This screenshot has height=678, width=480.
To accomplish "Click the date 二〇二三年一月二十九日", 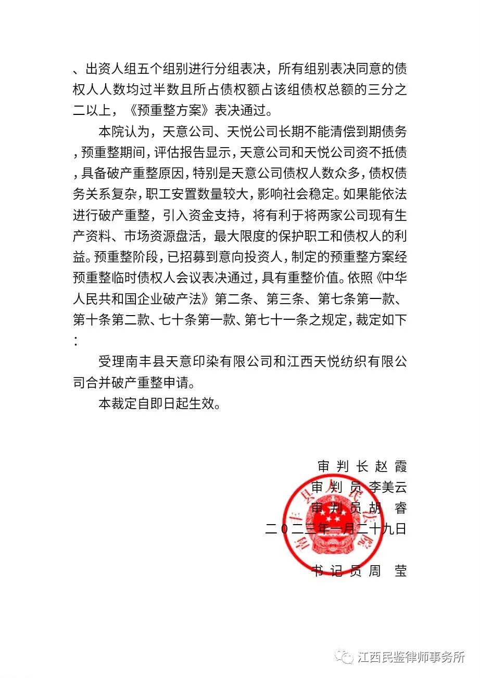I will [x=336, y=529].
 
